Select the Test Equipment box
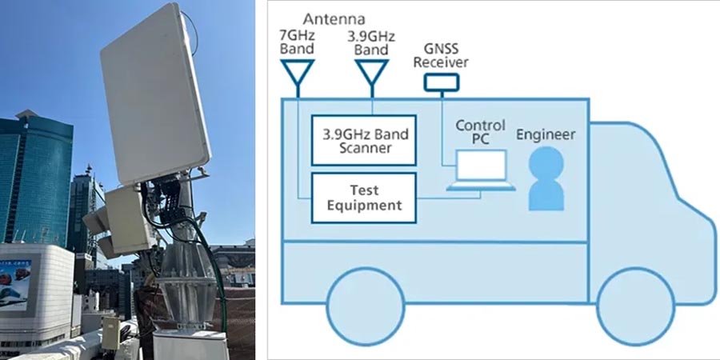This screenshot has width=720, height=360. click(363, 197)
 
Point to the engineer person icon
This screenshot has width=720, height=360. click(546, 182)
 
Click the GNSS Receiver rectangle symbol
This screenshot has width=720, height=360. click(442, 82)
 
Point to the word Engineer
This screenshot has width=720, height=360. click(546, 134)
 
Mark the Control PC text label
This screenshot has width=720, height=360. click(480, 133)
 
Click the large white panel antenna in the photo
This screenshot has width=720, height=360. click(155, 92)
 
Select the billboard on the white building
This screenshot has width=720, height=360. click(15, 285)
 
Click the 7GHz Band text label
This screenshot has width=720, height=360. click(297, 42)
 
